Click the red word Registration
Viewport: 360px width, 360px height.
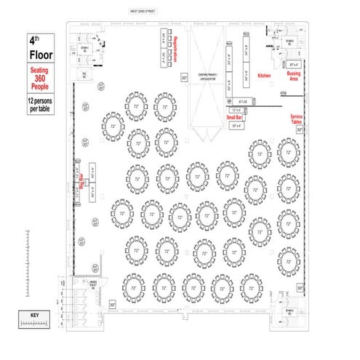click(x=177, y=52)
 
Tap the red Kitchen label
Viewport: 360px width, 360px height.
click(x=264, y=75)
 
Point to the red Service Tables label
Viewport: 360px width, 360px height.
click(x=297, y=119)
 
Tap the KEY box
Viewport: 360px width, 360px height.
click(x=34, y=315)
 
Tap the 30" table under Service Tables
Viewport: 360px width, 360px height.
click(x=300, y=130)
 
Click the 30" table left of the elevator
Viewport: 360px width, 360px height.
click(x=184, y=76)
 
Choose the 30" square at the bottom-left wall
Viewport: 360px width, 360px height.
click(x=112, y=304)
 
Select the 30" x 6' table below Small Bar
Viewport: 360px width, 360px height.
click(x=237, y=125)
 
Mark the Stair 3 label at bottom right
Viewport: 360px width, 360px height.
click(x=289, y=311)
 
